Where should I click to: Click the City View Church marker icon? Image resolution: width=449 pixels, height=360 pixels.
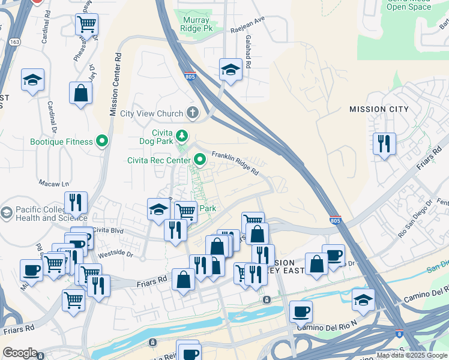192,113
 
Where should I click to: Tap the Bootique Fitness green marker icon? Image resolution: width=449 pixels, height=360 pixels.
102,142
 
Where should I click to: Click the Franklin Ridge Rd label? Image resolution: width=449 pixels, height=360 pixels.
235,163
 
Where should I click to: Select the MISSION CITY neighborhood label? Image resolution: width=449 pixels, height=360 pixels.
379,109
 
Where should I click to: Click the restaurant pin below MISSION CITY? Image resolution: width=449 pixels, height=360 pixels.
384,144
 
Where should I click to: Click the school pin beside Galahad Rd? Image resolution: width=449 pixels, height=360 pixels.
231,70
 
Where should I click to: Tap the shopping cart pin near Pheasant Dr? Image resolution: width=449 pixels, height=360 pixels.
86,25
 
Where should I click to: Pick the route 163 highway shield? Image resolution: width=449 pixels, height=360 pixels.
13,41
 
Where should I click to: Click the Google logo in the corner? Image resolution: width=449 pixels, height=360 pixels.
20,353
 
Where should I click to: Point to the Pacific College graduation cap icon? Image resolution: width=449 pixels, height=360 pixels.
7,213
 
